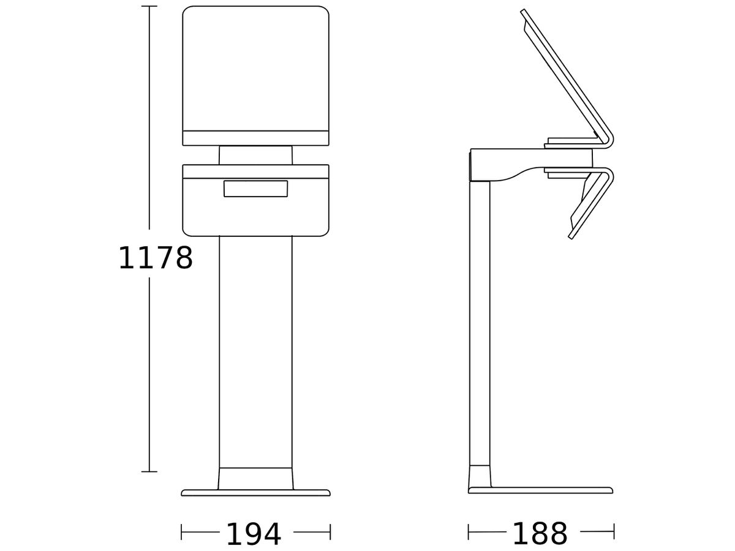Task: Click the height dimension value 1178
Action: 156,258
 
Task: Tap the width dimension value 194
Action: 254,534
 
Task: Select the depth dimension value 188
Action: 540,534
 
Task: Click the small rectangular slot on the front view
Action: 255,189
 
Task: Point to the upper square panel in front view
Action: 255,68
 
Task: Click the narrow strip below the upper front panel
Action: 255,138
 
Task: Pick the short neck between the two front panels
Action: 255,156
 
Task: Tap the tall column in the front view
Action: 255,352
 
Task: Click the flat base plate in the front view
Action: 255,493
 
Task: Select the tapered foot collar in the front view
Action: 255,479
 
